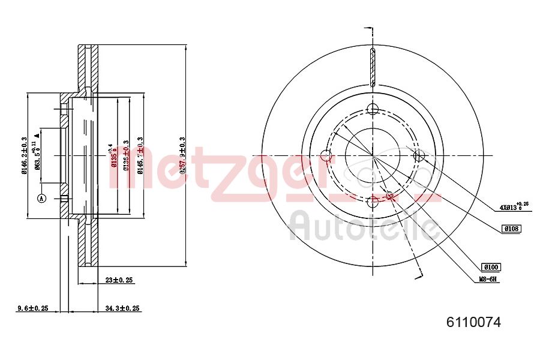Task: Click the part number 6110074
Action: coord(473,322)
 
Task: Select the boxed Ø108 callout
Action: coord(511,228)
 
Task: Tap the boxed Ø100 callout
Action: coord(490,267)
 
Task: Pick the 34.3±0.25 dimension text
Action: coord(122,308)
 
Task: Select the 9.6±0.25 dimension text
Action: coord(32,308)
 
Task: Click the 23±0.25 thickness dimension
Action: coord(118,280)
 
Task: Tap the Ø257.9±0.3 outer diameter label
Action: coord(182,155)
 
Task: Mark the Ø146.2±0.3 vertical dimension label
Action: coord(24,155)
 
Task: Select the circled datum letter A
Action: coord(41,198)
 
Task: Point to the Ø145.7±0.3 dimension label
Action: coord(140,155)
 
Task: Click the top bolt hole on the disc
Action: coord(373,109)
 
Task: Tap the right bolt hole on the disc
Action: coord(419,156)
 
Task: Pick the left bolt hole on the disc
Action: coord(326,157)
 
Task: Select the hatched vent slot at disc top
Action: coord(372,67)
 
